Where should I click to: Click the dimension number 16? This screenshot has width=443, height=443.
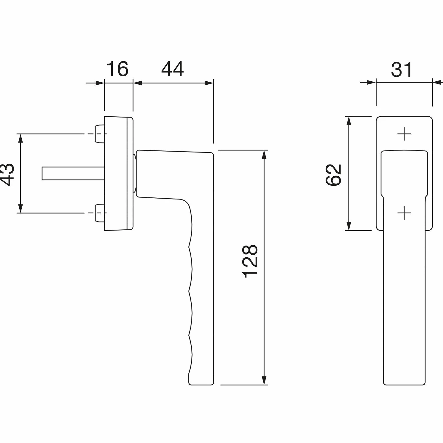click(117, 69)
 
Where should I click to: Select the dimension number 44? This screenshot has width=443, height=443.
click(173, 69)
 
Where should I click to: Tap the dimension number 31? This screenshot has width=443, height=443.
click(401, 70)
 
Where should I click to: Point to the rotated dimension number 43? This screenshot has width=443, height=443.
click(8, 175)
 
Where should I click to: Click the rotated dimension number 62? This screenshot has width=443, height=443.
click(333, 175)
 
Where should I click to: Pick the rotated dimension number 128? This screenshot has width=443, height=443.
click(250, 261)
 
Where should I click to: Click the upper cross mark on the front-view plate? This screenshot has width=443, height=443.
click(404, 134)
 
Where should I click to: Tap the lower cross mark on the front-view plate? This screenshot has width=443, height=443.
click(404, 213)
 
